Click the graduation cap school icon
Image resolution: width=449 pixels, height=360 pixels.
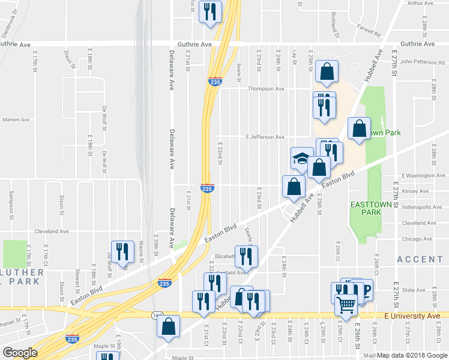pos(302,158)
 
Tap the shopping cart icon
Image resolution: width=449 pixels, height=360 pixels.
pos(346,306)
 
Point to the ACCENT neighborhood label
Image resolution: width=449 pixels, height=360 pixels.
pos(419,259)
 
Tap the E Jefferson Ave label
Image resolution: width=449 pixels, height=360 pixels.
pos(265,137)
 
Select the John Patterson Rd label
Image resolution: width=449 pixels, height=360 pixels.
pos(422,61)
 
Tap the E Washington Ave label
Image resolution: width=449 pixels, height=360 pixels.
pos(420,176)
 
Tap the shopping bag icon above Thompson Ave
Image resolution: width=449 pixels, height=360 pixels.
pos(325,72)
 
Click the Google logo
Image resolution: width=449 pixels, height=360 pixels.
pos(20,352)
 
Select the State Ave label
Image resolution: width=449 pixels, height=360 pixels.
pos(414,290)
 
